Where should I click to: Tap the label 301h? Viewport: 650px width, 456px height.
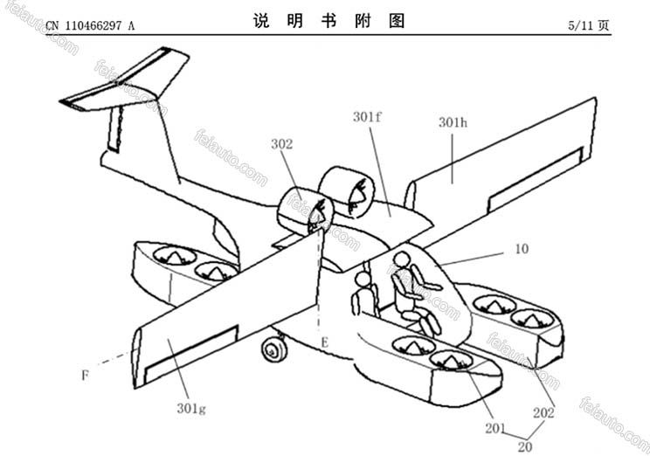pyautogui.click(x=453, y=123)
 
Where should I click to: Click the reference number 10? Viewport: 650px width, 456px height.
pyautogui.click(x=521, y=249)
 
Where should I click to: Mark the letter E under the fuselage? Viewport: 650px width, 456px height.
pyautogui.click(x=323, y=343)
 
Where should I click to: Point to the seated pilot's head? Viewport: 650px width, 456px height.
pyautogui.click(x=401, y=259)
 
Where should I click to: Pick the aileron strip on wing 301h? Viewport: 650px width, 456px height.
pyautogui.click(x=535, y=179)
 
